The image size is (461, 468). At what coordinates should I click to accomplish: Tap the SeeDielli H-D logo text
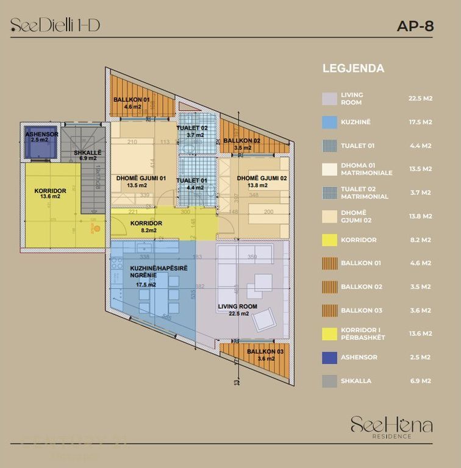(55, 25)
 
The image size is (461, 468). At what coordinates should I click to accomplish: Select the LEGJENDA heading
(353, 68)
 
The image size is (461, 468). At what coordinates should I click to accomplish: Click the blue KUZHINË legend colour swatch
(330, 122)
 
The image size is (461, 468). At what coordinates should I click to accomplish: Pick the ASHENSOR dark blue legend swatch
(330, 357)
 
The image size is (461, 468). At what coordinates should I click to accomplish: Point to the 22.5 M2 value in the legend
(420, 98)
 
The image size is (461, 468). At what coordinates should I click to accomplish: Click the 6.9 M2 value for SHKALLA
(420, 381)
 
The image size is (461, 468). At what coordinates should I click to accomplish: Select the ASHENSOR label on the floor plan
(41, 134)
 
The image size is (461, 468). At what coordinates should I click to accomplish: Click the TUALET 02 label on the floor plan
(192, 128)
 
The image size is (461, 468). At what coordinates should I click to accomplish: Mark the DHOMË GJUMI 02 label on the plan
(261, 178)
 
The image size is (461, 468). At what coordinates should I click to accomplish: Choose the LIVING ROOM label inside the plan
(237, 307)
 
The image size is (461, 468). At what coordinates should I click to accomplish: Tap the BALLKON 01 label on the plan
(132, 99)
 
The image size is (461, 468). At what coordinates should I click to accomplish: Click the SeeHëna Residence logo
(391, 426)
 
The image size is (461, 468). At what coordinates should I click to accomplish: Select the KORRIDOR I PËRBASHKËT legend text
(363, 333)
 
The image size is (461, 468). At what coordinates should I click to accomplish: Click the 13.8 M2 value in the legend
(420, 216)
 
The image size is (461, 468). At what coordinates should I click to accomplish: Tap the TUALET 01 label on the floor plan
(192, 180)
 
